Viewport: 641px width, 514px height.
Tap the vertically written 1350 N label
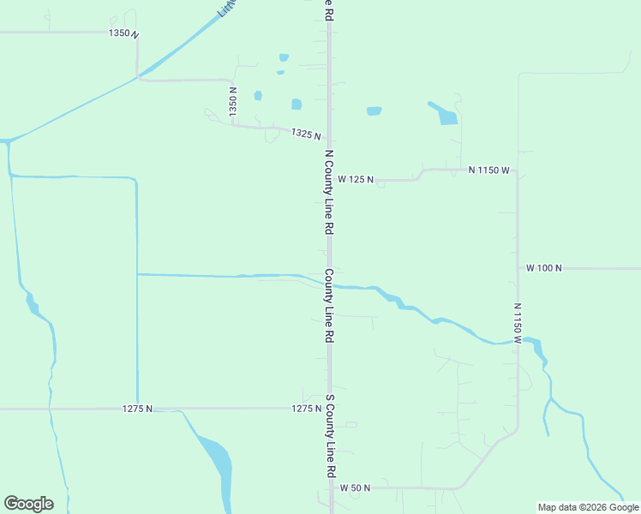pos(232,101)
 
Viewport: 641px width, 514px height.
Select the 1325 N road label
pos(305,134)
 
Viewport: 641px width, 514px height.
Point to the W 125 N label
pos(356,180)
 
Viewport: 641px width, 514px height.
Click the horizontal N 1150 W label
pos(489,170)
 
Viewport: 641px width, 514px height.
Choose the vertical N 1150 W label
pos(518,323)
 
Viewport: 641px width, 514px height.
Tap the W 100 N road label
pos(543,268)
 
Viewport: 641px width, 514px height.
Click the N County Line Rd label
pos(328,193)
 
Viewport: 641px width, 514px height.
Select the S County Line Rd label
pos(330,436)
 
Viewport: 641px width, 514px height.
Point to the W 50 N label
pos(354,487)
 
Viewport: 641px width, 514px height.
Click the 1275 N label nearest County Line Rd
pos(305,409)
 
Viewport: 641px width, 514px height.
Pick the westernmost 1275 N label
pos(137,409)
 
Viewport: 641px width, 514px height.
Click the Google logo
pos(28,504)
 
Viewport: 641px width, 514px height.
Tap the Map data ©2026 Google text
pos(588,507)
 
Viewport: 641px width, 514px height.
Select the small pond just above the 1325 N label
pos(297,105)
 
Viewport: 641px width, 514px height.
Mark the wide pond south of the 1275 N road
pos(216,457)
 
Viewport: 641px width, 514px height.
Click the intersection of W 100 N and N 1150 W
pos(518,268)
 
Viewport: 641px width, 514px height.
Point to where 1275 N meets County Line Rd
pos(329,409)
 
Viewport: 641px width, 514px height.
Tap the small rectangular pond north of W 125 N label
pos(374,111)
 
